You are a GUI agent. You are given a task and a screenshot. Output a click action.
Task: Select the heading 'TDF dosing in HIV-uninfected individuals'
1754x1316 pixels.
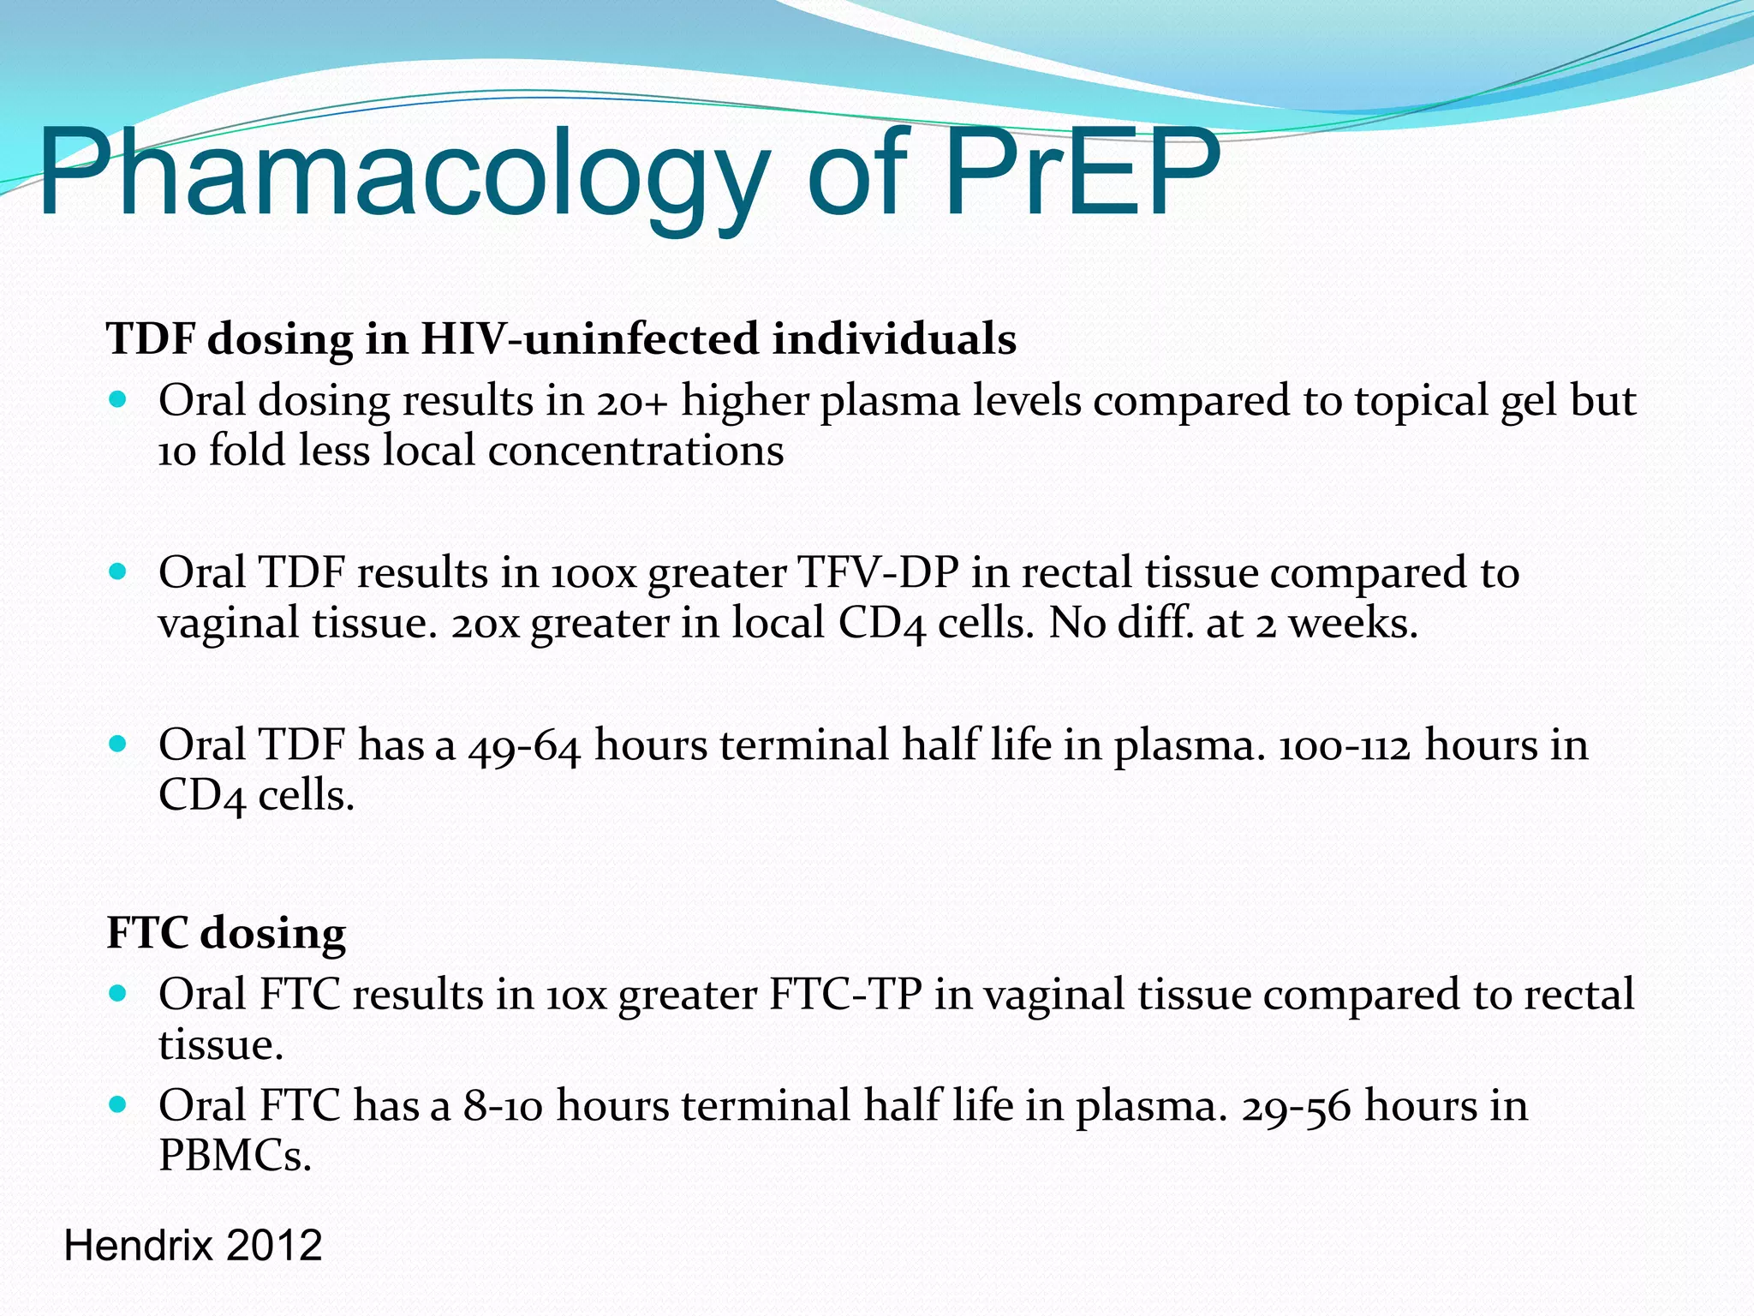click(561, 338)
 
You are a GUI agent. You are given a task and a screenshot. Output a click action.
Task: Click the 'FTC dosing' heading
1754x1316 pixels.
click(226, 932)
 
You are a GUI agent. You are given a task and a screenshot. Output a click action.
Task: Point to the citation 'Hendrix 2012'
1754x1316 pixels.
click(193, 1245)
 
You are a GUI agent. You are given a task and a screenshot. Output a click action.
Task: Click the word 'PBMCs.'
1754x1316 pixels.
click(235, 1156)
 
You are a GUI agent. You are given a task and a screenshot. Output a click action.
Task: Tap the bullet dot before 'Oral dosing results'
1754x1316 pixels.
click(118, 399)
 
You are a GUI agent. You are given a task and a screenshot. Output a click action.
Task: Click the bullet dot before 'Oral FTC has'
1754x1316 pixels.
click(118, 1104)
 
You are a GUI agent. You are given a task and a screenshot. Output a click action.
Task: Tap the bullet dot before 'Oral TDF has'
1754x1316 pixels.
click(118, 743)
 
